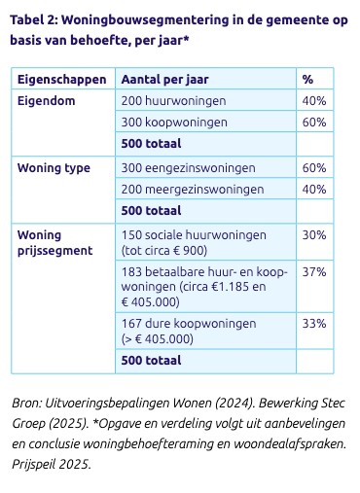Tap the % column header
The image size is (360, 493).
click(307, 79)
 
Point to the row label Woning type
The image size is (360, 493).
click(54, 167)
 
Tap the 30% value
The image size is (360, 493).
click(314, 234)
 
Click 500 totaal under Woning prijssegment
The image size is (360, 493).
click(151, 361)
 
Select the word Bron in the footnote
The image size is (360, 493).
click(26, 403)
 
